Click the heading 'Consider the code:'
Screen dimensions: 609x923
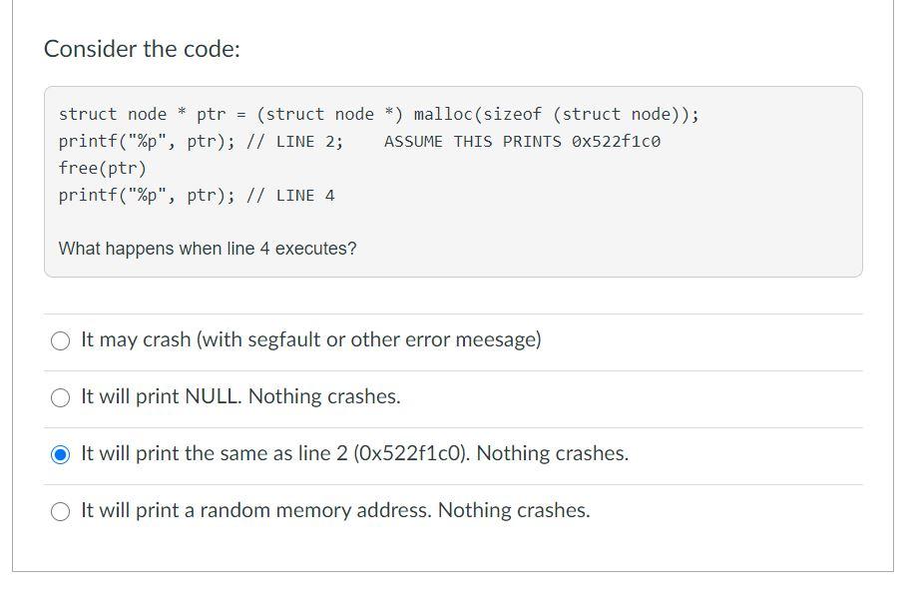point(142,49)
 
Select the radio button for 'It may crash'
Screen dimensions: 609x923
point(61,340)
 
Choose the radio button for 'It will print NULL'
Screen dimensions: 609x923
point(61,397)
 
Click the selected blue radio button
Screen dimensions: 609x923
point(61,454)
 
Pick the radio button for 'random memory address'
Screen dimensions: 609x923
point(61,511)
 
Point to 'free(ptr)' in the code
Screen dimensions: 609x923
point(103,168)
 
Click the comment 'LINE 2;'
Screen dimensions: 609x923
point(309,142)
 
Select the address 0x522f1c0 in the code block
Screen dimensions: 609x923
point(616,142)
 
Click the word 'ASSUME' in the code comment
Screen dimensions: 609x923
point(413,142)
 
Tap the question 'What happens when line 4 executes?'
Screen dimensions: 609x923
point(208,249)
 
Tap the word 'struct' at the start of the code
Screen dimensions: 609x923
point(88,115)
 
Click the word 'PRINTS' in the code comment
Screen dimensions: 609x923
point(532,142)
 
